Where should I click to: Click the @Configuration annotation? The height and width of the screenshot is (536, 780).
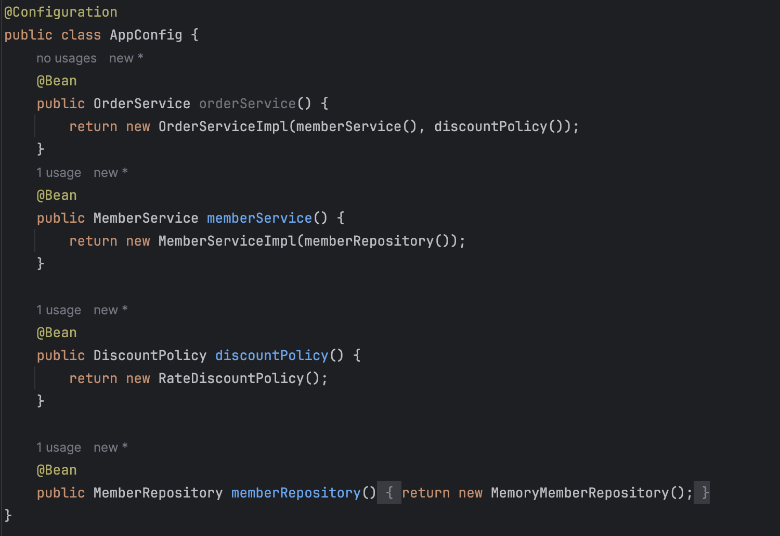coord(61,12)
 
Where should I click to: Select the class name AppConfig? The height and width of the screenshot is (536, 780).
coord(146,35)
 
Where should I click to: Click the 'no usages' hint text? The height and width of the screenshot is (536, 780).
coord(66,58)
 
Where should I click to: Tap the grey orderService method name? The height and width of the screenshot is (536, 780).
coord(247,104)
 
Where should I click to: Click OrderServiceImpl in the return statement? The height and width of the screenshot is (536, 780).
coord(223,126)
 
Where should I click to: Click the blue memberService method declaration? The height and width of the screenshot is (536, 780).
coord(259,218)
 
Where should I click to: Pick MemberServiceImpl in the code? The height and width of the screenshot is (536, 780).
coord(227,241)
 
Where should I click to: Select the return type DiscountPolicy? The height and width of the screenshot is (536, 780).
coord(150,355)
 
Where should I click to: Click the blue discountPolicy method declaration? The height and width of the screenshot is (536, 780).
coord(271,355)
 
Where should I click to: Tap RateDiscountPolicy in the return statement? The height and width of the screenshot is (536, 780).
coord(231,378)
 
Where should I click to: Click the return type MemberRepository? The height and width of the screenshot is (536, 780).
coord(158,493)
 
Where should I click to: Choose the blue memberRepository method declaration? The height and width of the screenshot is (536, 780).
coord(295,493)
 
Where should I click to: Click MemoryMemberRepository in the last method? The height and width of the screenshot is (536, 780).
coord(580,493)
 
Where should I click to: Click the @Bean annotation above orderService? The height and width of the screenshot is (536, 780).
coord(57,81)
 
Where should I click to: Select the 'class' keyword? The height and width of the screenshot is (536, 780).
coord(81,35)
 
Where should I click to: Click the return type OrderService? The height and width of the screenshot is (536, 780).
coord(141,104)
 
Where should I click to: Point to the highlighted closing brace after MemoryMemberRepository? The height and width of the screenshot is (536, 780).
coord(705,493)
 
